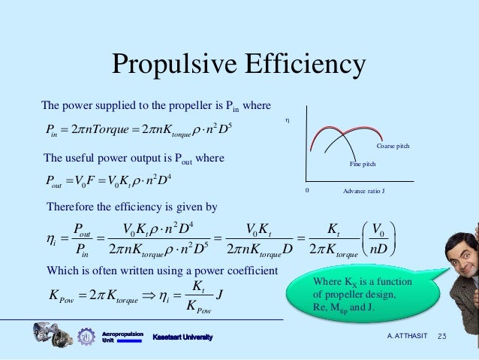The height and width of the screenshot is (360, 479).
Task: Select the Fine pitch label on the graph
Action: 363,163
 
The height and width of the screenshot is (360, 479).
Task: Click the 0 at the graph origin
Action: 307,190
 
